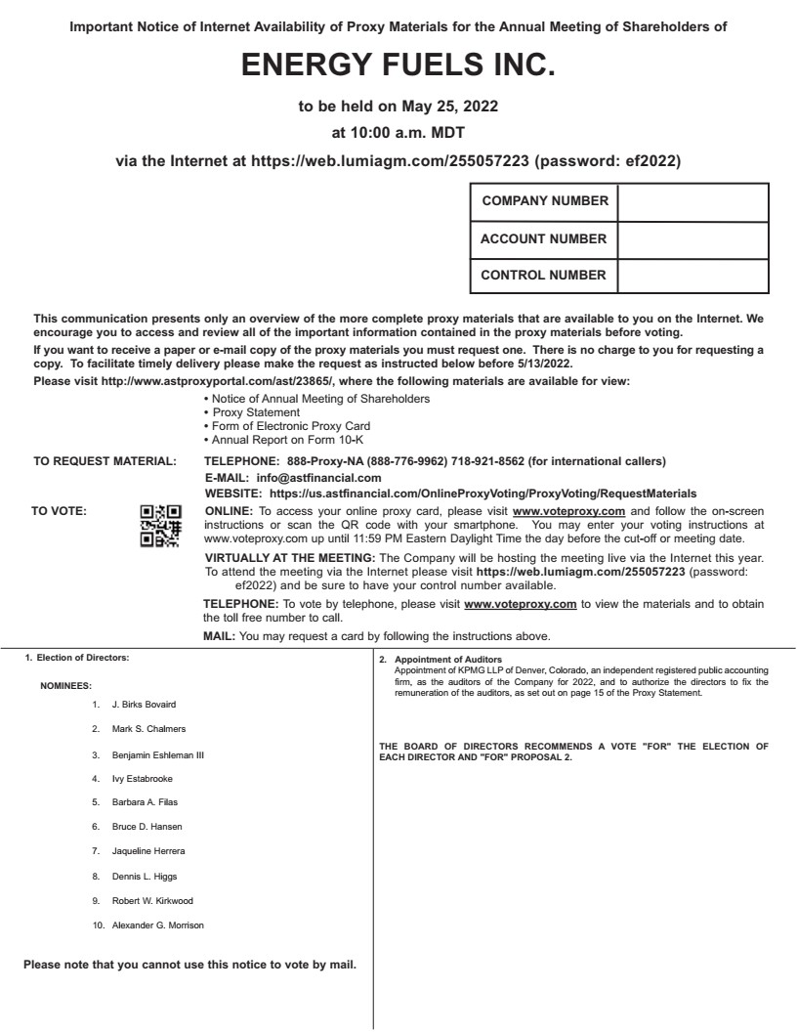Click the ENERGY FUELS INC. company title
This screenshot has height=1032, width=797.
click(398, 66)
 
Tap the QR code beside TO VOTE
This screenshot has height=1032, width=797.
click(160, 526)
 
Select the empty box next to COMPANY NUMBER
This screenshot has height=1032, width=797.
click(692, 202)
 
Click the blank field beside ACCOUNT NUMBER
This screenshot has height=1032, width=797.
click(692, 238)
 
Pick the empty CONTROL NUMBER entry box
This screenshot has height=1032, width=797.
click(692, 275)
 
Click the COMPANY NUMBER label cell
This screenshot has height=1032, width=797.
click(545, 202)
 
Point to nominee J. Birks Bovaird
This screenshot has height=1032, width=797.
click(145, 704)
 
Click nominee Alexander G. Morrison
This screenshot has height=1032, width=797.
click(158, 924)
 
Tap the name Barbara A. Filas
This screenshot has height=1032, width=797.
click(145, 802)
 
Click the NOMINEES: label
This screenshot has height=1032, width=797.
click(65, 686)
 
